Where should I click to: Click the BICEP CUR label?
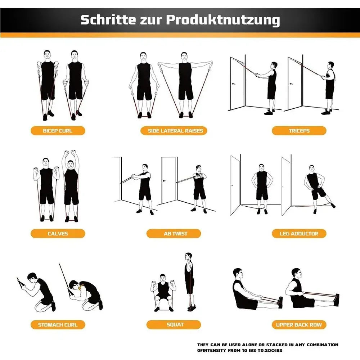pos(58,131)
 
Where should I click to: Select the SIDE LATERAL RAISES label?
pos(175,131)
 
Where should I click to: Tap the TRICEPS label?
pos(299,131)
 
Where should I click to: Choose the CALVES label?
pos(58,234)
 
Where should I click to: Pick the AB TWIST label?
pos(175,234)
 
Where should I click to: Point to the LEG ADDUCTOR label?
pos(299,234)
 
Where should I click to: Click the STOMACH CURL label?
pos(58,325)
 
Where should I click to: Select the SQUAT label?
pos(175,325)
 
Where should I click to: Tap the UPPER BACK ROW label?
pos(299,325)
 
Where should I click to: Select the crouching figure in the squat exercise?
pos(163,292)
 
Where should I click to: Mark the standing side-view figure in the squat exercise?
pos(189,281)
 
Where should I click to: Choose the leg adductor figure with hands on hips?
pos(262,187)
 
